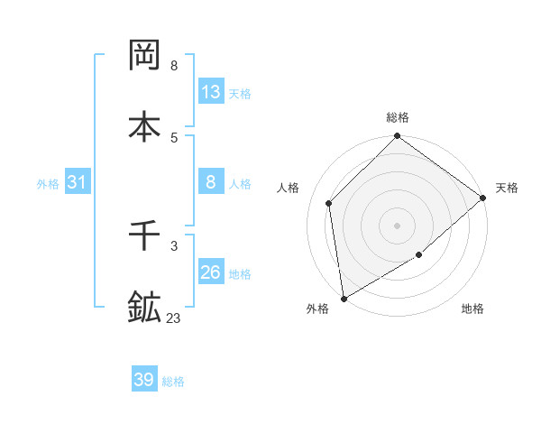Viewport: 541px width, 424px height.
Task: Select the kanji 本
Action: pyautogui.click(x=145, y=125)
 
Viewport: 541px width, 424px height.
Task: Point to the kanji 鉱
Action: pyautogui.click(x=145, y=307)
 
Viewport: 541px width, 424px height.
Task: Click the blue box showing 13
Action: pyautogui.click(x=210, y=92)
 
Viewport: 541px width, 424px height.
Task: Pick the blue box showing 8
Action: pyautogui.click(x=210, y=182)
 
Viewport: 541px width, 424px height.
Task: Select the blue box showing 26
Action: pyautogui.click(x=210, y=272)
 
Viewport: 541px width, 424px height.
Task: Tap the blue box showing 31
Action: pyautogui.click(x=77, y=182)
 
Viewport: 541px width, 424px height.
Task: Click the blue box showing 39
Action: pyautogui.click(x=144, y=380)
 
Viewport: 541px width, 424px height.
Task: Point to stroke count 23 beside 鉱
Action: pyautogui.click(x=174, y=318)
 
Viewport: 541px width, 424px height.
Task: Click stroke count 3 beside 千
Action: pyautogui.click(x=174, y=245)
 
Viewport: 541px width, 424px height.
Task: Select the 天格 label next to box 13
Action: pyautogui.click(x=240, y=94)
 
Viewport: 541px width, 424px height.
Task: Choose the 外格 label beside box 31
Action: pyautogui.click(x=48, y=184)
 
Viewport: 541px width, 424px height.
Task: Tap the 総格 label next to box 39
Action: pyautogui.click(x=173, y=382)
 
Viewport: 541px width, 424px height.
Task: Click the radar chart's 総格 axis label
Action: pyautogui.click(x=398, y=117)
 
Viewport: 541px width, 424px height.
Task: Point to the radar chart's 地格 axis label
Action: pyautogui.click(x=472, y=309)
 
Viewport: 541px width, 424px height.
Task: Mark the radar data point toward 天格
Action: pyautogui.click(x=483, y=198)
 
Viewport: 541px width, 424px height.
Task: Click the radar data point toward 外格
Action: pyautogui.click(x=344, y=299)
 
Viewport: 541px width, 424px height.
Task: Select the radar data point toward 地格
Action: pyautogui.click(x=419, y=255)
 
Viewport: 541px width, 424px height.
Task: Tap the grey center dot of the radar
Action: pyautogui.click(x=398, y=225)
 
